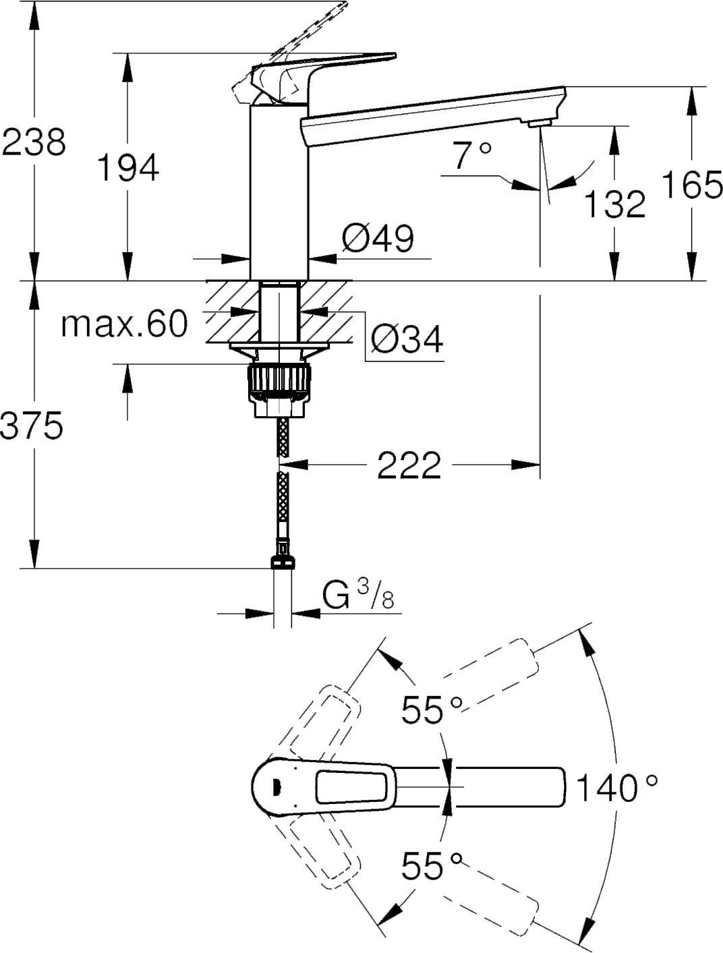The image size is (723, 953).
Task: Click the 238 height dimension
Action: pos(34,143)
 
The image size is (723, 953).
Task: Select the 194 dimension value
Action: pos(128,168)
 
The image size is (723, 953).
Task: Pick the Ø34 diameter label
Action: pos(406,339)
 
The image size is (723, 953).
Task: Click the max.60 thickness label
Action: pos(123,324)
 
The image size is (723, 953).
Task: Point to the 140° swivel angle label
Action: pos(616,787)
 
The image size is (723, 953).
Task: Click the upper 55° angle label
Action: pos(432,709)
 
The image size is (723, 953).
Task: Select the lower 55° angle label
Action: pos(432,865)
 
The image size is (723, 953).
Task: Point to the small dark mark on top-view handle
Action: pos(274,786)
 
